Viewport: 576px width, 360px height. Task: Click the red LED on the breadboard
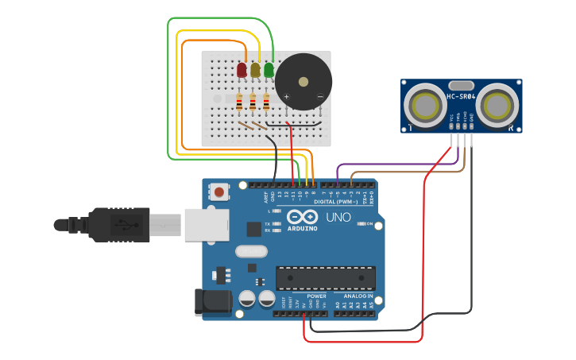[x=242, y=70]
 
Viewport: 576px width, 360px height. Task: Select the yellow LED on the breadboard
[x=255, y=70]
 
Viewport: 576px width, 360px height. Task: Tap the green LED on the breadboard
[x=269, y=70]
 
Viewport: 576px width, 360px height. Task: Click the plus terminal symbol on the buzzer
[x=287, y=97]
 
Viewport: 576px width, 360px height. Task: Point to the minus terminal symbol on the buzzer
[x=319, y=97]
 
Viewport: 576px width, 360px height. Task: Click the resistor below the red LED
[x=240, y=101]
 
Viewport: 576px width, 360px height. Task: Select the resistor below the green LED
[x=266, y=101]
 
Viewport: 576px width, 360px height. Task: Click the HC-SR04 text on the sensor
[x=461, y=97]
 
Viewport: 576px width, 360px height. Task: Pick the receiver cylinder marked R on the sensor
[x=499, y=105]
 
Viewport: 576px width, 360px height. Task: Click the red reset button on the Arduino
[x=219, y=192]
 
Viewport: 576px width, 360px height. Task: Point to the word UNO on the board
[x=338, y=218]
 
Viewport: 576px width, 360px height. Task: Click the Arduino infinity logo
[x=302, y=218]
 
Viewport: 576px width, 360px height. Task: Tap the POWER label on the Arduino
[x=316, y=296]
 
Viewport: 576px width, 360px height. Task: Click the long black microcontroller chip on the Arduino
[x=325, y=278]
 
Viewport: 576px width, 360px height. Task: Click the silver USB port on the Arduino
[x=207, y=225]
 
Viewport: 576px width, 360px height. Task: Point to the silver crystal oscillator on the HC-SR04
[x=461, y=85]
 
